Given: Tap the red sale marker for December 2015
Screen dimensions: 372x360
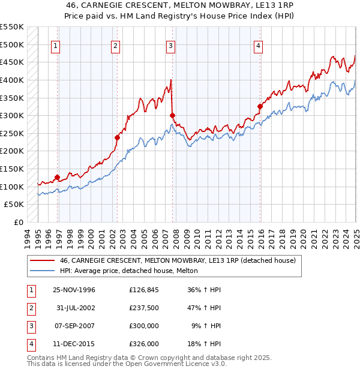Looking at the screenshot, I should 260,107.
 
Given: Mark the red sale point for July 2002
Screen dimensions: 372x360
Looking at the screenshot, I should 117,137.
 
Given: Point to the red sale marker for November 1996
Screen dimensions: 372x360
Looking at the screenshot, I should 58,177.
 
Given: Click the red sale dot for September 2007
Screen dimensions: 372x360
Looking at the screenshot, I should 172,115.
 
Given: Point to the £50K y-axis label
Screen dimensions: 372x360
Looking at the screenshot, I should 14,205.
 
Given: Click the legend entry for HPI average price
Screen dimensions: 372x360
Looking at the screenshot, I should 133,271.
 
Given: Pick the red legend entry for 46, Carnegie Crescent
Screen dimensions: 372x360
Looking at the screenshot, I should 178,260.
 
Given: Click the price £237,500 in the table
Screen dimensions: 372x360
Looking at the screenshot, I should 143,308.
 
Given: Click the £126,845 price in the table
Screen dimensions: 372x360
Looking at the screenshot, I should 143,290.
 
